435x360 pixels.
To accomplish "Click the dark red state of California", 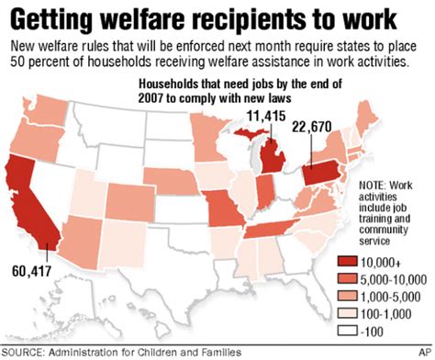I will [28, 207].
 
